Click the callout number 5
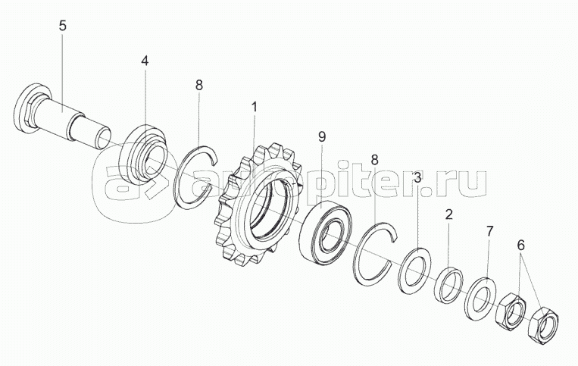63,26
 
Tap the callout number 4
145,61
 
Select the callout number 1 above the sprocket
254,108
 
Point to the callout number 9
322,137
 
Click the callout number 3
417,177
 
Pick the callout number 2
448,214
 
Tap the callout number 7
489,231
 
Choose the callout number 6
520,245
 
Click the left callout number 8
199,85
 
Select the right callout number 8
374,160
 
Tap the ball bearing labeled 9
325,233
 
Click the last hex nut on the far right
543,326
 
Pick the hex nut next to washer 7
511,311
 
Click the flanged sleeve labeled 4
143,155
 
